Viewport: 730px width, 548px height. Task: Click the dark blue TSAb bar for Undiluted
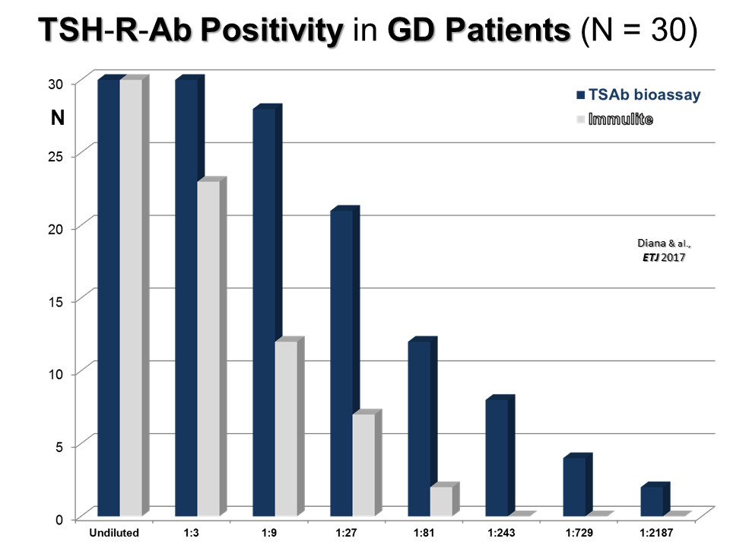pos(108,297)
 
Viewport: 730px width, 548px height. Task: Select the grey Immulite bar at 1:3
pos(208,347)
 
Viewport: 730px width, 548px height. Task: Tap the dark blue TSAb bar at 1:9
pos(263,312)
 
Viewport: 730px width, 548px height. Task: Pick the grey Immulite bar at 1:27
pos(363,464)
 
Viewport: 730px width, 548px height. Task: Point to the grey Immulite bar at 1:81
pos(441,500)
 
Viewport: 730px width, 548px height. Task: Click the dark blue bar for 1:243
pos(496,457)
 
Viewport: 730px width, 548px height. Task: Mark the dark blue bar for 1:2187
pos(651,500)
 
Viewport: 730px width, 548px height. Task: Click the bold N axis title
pos(58,119)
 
